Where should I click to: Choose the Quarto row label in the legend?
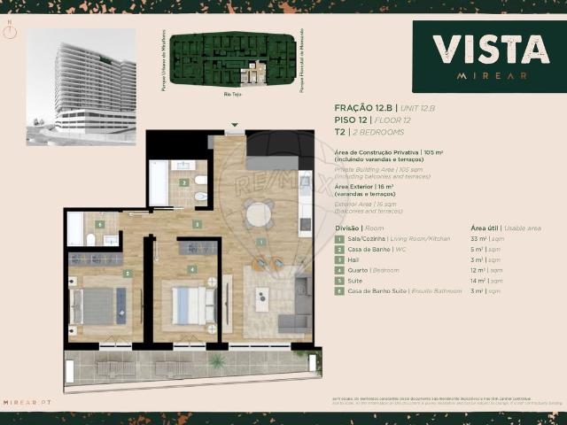(x=359, y=269)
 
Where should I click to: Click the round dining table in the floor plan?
(x=259, y=214)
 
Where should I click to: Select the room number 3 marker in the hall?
(x=196, y=225)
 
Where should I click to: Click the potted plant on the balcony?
(x=215, y=360)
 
